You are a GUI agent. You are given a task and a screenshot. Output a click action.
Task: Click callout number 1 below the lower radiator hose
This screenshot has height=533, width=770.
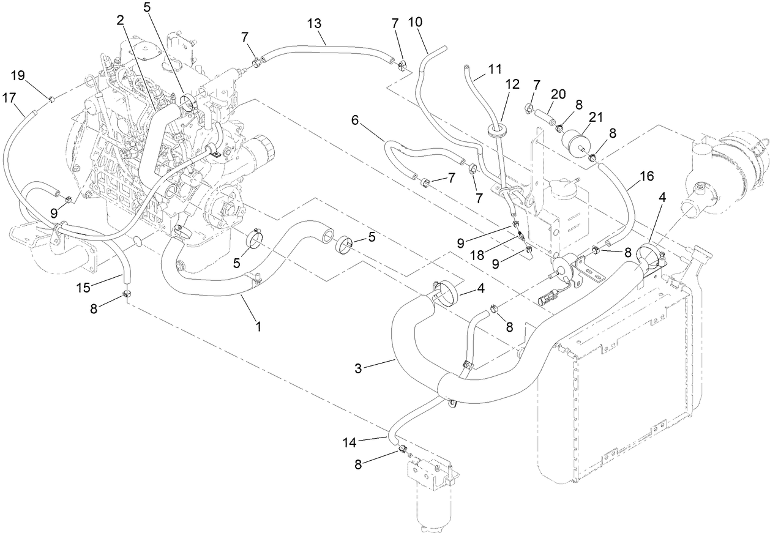point(258,327)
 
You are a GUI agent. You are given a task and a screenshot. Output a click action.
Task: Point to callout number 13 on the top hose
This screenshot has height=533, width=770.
point(314,24)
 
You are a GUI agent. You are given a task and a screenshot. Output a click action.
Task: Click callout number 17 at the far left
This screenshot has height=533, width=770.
point(10,97)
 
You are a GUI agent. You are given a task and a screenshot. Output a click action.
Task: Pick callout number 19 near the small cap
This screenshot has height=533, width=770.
point(18,76)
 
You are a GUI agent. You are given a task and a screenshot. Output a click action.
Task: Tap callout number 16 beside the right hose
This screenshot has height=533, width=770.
point(646,177)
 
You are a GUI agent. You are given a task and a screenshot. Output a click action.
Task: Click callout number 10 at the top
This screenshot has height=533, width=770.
point(414,21)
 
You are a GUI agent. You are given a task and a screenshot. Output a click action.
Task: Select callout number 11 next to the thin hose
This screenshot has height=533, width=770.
point(495,68)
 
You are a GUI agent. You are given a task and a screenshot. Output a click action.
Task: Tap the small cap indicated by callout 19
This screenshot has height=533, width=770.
point(52,99)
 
